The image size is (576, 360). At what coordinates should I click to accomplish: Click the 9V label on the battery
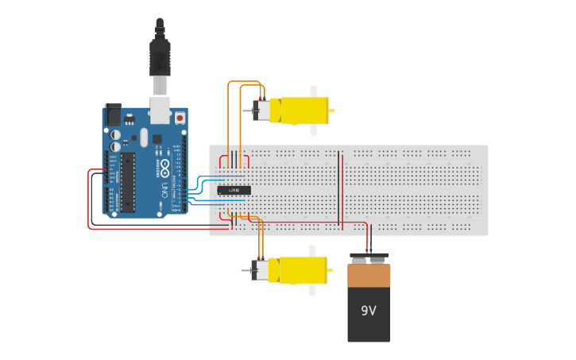[x=368, y=311]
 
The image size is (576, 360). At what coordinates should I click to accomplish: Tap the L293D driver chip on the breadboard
[x=234, y=190]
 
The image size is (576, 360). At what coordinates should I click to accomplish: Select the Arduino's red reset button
[x=180, y=118]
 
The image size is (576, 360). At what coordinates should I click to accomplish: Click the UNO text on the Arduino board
[x=164, y=191]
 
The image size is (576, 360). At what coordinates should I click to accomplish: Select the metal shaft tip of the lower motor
[x=244, y=271]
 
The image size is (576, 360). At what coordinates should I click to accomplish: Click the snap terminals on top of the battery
[x=368, y=258]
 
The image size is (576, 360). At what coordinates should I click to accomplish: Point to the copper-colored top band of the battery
[x=369, y=275]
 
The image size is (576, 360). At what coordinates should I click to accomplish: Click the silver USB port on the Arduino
[x=160, y=110]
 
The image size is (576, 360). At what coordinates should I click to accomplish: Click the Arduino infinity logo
[x=164, y=168]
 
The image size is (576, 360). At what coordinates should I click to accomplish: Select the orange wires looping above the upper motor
[x=244, y=83]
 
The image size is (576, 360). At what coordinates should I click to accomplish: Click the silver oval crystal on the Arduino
[x=143, y=137]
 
